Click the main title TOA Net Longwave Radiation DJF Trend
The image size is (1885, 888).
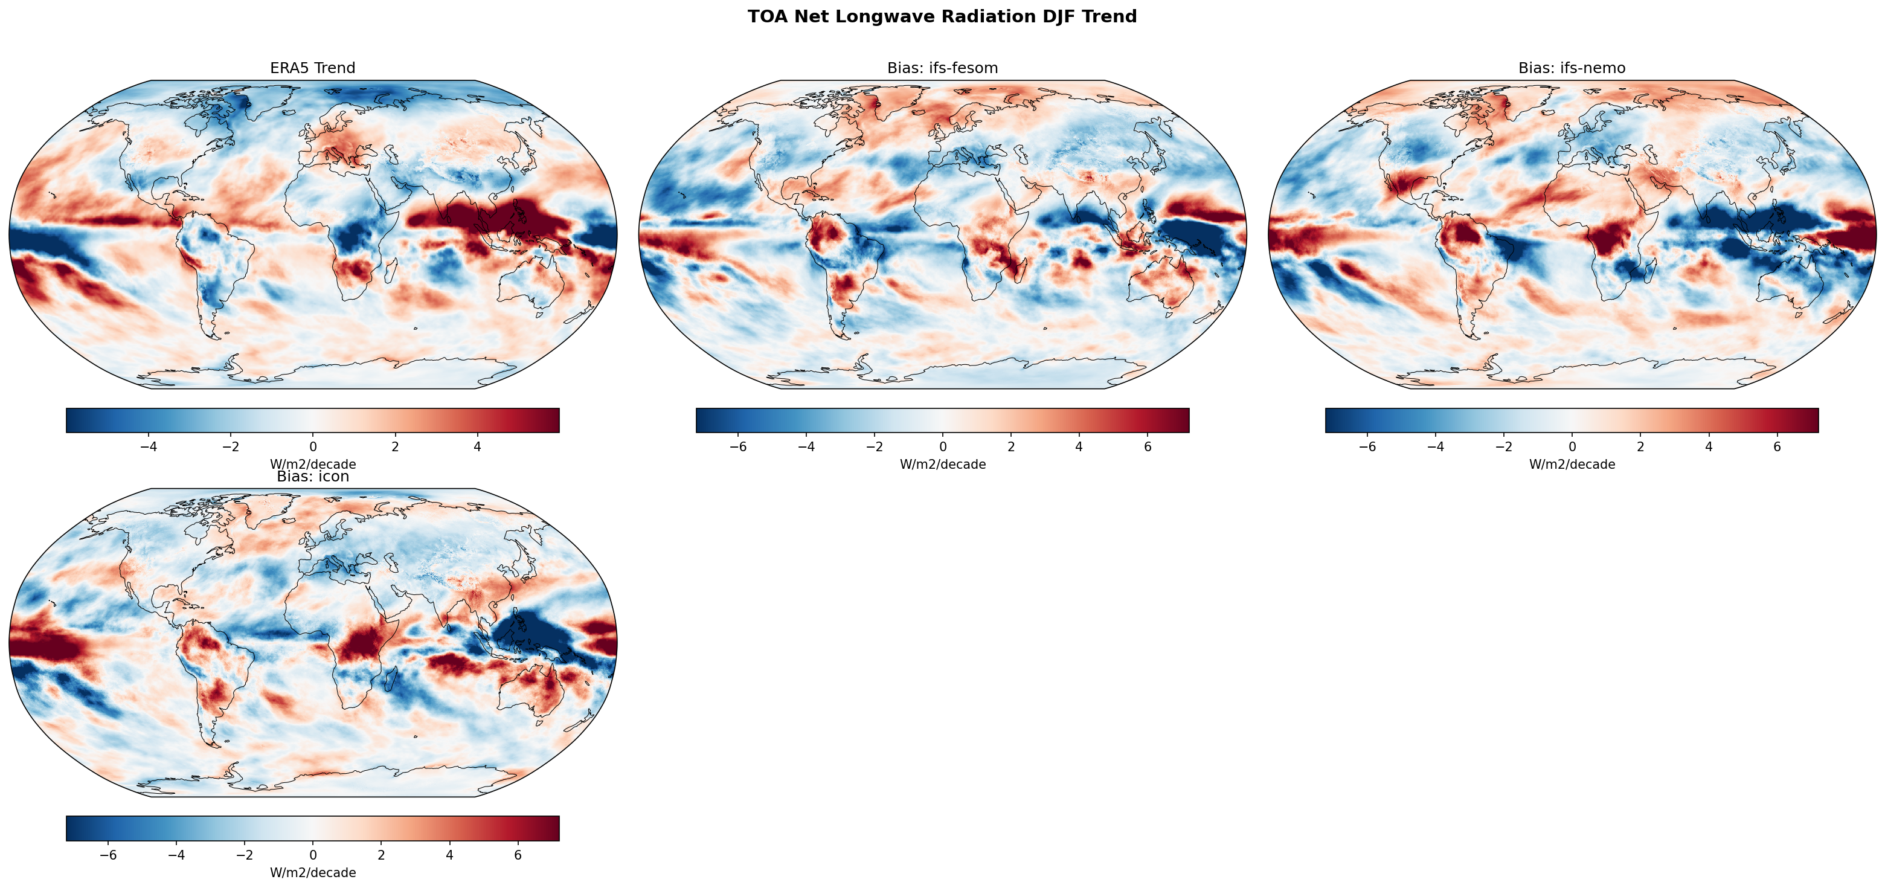pos(942,17)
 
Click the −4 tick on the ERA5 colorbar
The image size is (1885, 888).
pos(149,446)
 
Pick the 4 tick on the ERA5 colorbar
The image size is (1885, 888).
pos(477,446)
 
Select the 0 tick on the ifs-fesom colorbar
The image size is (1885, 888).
pos(942,446)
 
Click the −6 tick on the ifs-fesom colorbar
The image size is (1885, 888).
pos(738,446)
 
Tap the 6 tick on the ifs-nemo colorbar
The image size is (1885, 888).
pos(1777,446)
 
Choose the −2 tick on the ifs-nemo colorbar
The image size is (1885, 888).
pos(1504,446)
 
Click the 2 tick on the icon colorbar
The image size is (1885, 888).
pos(381,855)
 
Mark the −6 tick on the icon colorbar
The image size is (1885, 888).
pos(108,855)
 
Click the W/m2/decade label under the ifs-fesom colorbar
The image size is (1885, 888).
pos(942,464)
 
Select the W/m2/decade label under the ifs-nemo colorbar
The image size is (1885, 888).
pos(1572,464)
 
